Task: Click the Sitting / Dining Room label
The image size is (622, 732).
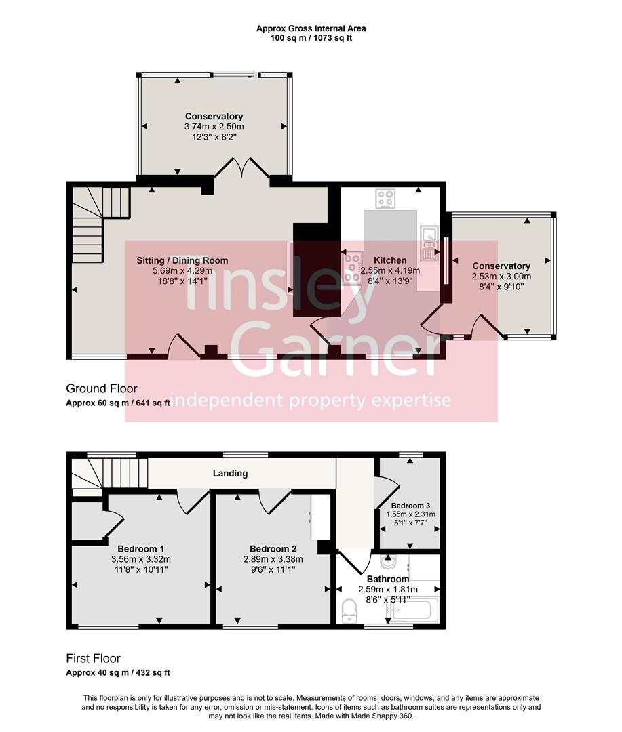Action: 182,260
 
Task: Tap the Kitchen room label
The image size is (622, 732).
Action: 390,260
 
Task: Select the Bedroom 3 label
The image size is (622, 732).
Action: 410,506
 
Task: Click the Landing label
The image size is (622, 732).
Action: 230,473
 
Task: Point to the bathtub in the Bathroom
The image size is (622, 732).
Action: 412,610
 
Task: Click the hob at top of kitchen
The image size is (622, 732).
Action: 386,199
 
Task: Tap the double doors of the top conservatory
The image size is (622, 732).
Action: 242,167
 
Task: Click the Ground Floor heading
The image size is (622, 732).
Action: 101,388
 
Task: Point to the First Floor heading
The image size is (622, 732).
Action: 93,658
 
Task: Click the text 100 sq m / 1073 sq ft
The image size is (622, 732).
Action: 311,38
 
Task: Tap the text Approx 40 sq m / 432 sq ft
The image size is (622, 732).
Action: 117,673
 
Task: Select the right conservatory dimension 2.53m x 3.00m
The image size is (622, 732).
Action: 501,276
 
